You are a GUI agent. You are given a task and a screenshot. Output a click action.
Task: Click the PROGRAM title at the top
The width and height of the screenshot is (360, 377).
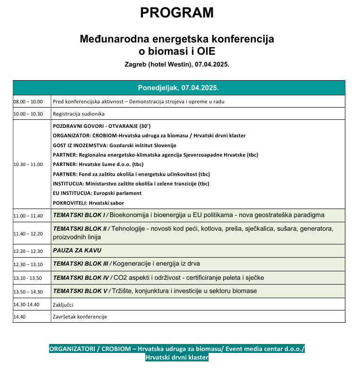click(x=177, y=13)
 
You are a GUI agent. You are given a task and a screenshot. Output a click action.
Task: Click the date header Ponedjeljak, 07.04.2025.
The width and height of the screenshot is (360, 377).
click(x=178, y=88)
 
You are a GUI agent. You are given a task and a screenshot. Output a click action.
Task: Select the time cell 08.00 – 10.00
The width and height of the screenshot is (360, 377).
click(x=28, y=101)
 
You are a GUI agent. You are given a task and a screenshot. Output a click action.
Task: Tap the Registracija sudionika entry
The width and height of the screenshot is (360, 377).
click(x=79, y=114)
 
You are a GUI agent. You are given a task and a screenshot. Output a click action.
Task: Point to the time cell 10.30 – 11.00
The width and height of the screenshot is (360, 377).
click(x=28, y=164)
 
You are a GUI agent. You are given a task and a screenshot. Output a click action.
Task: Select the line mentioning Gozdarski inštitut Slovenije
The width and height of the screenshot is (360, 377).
click(x=115, y=145)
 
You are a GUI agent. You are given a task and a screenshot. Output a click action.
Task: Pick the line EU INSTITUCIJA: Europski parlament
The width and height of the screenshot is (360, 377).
click(x=97, y=193)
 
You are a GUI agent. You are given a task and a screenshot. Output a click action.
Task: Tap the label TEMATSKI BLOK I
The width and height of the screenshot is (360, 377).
click(x=79, y=215)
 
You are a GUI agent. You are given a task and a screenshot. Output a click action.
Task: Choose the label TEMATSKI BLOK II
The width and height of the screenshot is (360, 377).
click(x=80, y=229)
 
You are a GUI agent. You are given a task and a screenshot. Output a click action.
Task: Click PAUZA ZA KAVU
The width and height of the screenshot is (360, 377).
click(x=77, y=251)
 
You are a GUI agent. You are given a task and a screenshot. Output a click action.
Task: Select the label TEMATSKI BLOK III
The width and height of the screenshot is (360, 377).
click(x=81, y=263)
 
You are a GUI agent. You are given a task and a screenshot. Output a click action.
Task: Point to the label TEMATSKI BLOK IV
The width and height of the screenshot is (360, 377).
click(x=81, y=277)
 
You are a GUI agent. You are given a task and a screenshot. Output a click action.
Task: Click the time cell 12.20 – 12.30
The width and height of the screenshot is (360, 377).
click(x=28, y=251)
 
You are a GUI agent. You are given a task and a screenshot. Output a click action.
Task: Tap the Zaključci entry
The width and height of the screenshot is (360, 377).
click(x=63, y=305)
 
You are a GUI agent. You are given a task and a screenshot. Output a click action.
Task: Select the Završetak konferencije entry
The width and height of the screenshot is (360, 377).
click(x=80, y=317)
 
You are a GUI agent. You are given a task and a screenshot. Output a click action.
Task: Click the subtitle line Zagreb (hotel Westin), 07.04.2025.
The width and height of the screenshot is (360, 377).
click(x=177, y=64)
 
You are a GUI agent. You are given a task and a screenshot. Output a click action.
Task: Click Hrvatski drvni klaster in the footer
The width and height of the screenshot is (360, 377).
click(x=177, y=358)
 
